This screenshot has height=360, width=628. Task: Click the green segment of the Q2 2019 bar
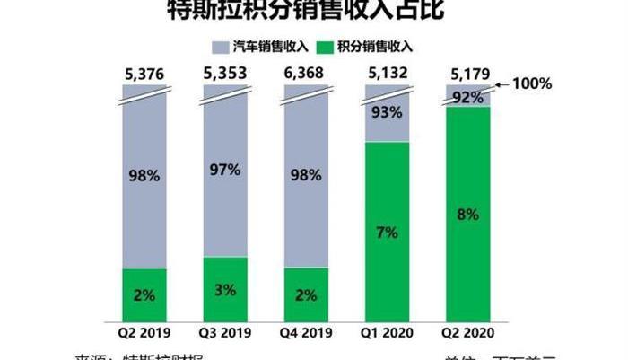144,294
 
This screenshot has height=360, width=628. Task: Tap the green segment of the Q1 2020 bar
387,232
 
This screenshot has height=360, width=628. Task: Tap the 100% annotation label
532,83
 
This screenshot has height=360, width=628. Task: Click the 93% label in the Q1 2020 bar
387,113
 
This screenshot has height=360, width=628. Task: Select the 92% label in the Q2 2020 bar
467,97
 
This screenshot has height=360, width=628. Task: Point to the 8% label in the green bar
467,215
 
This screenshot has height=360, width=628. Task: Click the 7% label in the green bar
387,233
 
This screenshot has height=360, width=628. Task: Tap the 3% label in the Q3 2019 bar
225,289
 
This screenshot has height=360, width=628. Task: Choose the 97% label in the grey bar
225,170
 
